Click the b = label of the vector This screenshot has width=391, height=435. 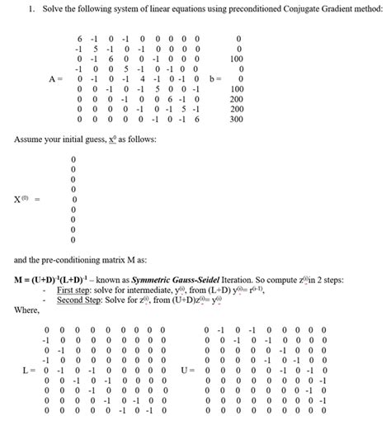[x=217, y=79]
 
